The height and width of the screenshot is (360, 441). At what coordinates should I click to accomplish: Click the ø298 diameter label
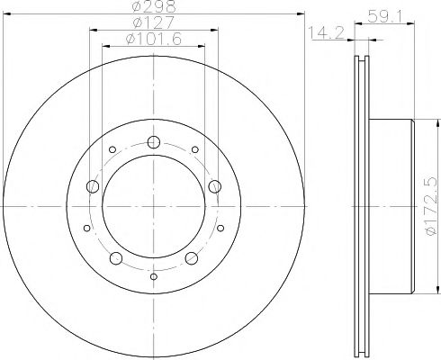point(154,6)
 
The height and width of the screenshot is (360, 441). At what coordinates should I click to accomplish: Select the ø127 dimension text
point(154,22)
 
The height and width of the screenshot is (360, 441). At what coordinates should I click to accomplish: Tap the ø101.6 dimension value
point(154,39)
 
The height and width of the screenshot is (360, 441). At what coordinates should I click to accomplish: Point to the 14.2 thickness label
point(327,32)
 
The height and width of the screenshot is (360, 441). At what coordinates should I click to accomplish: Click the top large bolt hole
point(154,142)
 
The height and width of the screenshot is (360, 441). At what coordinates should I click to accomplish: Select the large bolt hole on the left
point(93,186)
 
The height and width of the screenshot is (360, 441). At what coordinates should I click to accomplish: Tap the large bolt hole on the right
point(215,186)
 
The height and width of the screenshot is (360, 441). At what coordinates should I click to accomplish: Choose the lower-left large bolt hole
point(116,258)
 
